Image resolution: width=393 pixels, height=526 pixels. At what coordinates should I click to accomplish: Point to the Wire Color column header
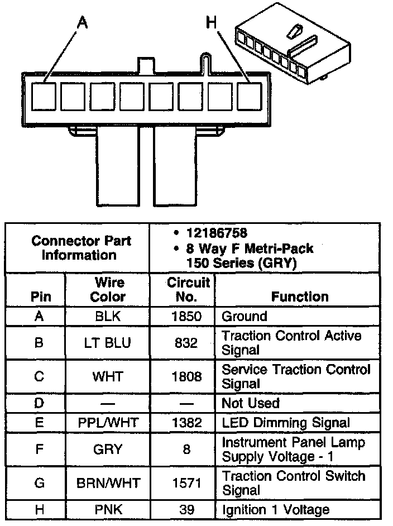pyautogui.click(x=108, y=289)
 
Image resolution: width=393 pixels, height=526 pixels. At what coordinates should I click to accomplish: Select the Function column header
pyautogui.click(x=300, y=297)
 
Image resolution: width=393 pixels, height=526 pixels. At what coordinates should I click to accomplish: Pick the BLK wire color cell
pyautogui.click(x=108, y=317)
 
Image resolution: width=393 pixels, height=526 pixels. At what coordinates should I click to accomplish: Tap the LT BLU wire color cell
pyautogui.click(x=108, y=342)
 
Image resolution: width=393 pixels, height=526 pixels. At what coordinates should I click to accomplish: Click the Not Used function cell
pyautogui.click(x=251, y=403)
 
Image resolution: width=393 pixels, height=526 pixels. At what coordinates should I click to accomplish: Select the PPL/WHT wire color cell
pyautogui.click(x=108, y=423)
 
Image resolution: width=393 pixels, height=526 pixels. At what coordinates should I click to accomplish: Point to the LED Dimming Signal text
pyautogui.click(x=286, y=423)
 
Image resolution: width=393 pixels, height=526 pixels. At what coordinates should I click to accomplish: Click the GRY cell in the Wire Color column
pyautogui.click(x=108, y=449)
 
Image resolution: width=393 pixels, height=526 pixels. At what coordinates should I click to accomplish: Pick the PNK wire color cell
pyautogui.click(x=108, y=509)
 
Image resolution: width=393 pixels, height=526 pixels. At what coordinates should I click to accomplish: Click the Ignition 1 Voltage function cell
pyautogui.click(x=276, y=509)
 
